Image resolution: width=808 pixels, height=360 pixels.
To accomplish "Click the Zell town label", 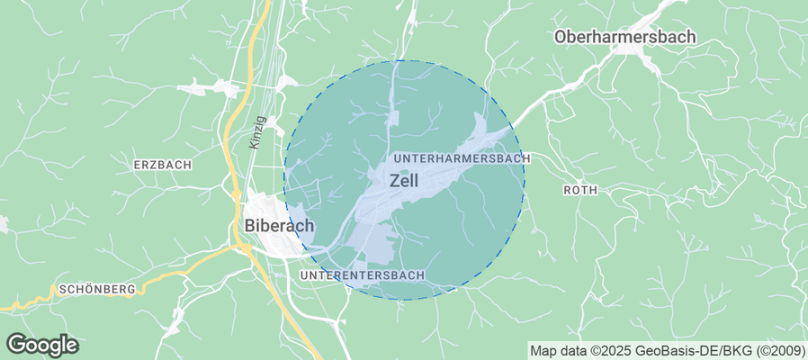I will [404, 180].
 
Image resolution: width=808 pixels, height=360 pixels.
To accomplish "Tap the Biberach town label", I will [279, 225].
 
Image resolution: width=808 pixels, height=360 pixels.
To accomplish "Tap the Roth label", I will [580, 190].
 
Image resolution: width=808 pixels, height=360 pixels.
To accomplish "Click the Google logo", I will [42, 345].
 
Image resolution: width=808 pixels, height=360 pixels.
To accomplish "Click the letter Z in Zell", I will [393, 180].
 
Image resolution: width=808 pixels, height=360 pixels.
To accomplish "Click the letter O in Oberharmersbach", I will [561, 37].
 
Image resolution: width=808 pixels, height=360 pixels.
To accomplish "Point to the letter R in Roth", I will [567, 190].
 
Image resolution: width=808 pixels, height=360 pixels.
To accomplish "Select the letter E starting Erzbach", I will [137, 165].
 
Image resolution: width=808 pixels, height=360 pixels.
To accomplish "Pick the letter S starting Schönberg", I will [60, 290].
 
